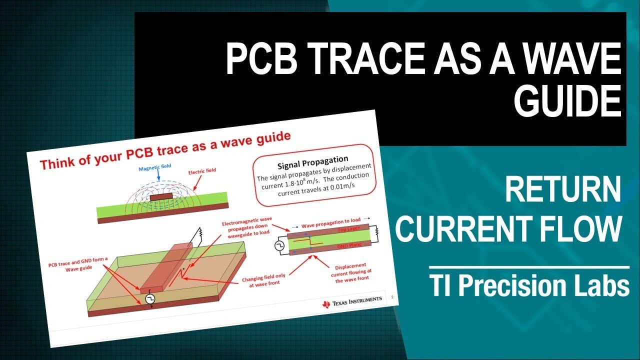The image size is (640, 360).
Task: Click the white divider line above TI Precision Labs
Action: click(x=528, y=267)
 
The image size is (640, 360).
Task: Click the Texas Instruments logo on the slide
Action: click(x=352, y=301)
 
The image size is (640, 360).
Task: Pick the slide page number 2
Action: click(x=392, y=297)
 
